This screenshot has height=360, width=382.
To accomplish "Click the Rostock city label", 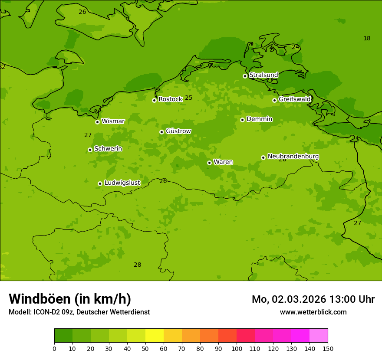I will click(x=170, y=99).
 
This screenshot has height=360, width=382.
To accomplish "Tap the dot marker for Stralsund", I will click(x=245, y=76).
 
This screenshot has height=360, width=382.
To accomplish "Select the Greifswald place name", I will click(x=294, y=99).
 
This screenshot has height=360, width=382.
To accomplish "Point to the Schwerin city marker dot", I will click(x=90, y=150).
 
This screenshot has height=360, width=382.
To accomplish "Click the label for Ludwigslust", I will click(x=122, y=183).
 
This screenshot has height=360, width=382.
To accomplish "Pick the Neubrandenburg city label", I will click(x=293, y=157).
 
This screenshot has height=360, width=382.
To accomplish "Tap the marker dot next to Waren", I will click(x=209, y=163).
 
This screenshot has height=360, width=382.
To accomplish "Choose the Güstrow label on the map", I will click(x=178, y=131).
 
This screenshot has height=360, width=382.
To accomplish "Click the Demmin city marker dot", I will click(x=242, y=120).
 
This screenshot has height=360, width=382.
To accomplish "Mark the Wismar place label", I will click(x=113, y=121).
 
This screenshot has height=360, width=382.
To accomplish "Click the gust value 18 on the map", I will click(x=367, y=39).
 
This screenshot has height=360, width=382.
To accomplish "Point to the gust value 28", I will click(x=137, y=265).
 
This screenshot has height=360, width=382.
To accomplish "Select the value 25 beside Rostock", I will click(x=188, y=98).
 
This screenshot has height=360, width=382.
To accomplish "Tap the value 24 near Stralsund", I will click(x=295, y=47).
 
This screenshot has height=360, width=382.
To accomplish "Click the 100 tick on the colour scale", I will click(x=237, y=348).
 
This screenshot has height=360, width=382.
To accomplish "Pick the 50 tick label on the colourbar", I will click(x=145, y=348).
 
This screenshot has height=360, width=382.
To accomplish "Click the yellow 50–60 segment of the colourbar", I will click(x=155, y=336).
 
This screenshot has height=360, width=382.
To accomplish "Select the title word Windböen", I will click(x=40, y=299).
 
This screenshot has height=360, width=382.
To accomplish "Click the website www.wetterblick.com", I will click(x=313, y=312).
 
